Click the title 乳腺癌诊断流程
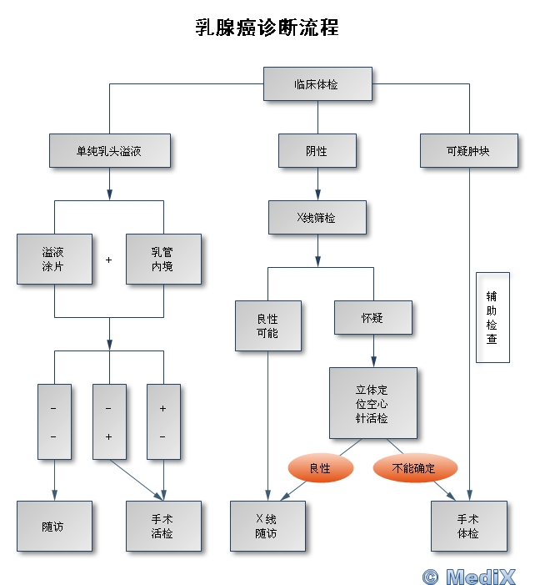pos(267,28)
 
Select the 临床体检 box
pos(317,84)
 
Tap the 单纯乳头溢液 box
pos(109,151)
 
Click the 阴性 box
pos(317,151)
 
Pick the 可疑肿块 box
pos(468,151)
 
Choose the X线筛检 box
pos(317,218)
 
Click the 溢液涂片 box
pos(54,259)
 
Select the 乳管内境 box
pos(163,259)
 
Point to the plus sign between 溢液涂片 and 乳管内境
pos(108,260)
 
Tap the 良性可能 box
pos(268,325)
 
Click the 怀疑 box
pos(372,317)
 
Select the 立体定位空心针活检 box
pos(372,403)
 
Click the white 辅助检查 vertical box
pos(492,317)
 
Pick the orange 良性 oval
pos(320,468)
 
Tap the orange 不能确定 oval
pos(414,468)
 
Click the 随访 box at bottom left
pos(54,526)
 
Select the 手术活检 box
pos(163,526)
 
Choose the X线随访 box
pos(267,526)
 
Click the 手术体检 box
pos(468,526)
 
